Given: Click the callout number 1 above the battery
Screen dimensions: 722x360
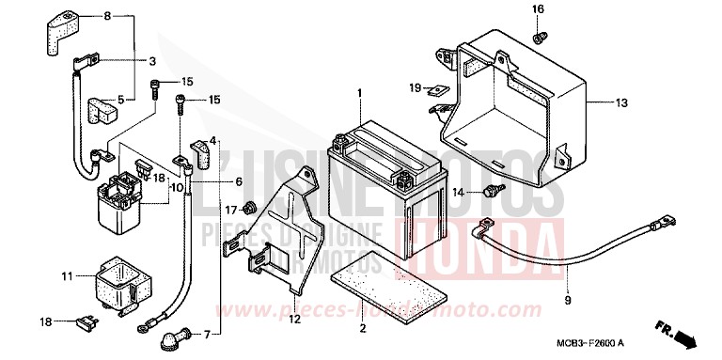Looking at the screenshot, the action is pyautogui.click(x=358, y=92).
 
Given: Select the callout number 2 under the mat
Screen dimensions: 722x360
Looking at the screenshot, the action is pyautogui.click(x=362, y=328).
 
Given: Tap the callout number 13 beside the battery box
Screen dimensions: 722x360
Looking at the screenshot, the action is pyautogui.click(x=622, y=102).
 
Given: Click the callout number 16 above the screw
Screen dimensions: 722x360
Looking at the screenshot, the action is pyautogui.click(x=539, y=9).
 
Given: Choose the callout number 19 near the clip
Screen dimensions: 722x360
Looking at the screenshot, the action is pyautogui.click(x=414, y=87).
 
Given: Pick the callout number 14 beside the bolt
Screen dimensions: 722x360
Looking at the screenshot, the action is pyautogui.click(x=458, y=192).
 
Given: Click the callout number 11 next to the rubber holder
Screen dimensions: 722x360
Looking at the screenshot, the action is pyautogui.click(x=67, y=276).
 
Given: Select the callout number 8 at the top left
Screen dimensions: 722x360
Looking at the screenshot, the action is pyautogui.click(x=106, y=17).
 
